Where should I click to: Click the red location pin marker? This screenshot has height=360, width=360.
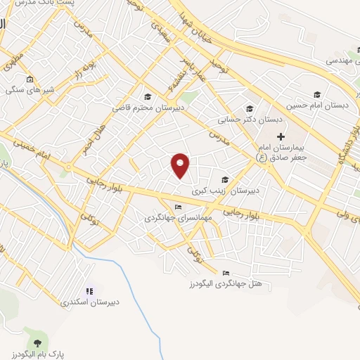[x=181, y=165]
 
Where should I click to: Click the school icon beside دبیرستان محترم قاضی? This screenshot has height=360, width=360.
[x=148, y=96]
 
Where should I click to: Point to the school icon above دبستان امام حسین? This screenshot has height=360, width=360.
[x=317, y=94]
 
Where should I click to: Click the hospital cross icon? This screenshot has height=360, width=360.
[x=281, y=136]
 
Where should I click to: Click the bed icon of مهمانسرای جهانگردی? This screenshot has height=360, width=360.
[x=178, y=207]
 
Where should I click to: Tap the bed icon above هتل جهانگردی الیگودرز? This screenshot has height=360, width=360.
[x=226, y=273]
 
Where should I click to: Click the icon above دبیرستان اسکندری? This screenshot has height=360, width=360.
[x=89, y=290]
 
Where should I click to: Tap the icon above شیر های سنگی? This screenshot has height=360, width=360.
[x=29, y=79]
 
